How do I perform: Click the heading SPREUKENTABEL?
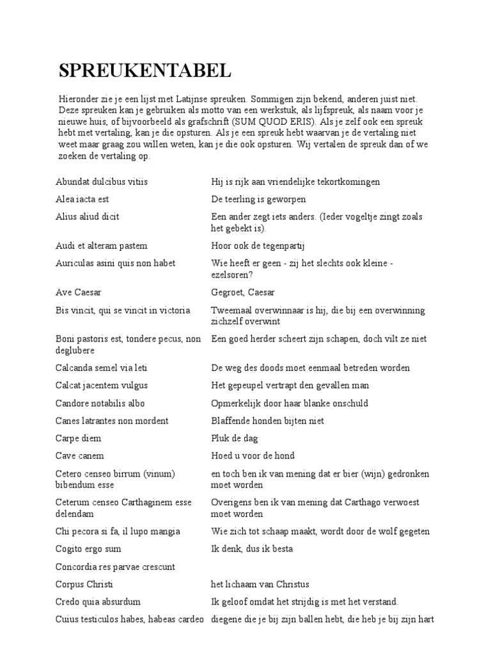point(144,71)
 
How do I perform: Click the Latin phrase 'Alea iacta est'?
point(82,199)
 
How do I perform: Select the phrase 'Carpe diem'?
point(79,438)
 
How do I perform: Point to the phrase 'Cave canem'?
point(80,455)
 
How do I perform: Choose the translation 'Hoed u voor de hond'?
point(253,455)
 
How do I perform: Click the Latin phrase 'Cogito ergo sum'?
point(88,549)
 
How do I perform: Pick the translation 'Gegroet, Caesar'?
point(243,292)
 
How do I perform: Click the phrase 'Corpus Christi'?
point(84,584)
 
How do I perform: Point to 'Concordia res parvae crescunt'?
point(116,567)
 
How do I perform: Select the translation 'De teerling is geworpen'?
point(259,199)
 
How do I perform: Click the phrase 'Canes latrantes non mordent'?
point(113,420)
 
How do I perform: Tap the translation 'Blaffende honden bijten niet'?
point(268,420)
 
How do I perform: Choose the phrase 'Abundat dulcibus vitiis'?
point(102,182)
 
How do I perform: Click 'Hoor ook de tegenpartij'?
point(256,246)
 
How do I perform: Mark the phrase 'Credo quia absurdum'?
point(98,602)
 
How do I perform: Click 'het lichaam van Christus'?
point(260,584)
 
